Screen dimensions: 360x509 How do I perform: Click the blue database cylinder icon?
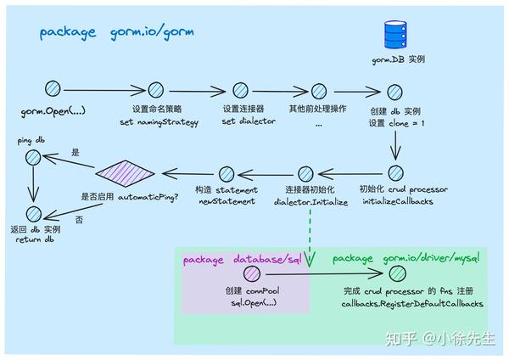(x=395, y=35)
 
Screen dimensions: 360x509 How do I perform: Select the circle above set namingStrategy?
(x=155, y=89)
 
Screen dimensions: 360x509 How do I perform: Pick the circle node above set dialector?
(x=240, y=89)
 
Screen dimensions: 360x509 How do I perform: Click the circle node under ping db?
(x=32, y=157)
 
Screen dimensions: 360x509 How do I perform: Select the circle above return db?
(x=33, y=214)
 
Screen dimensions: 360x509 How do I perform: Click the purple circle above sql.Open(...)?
(x=251, y=273)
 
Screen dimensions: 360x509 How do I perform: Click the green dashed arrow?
(x=310, y=229)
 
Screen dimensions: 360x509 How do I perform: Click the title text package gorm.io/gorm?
(x=116, y=33)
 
